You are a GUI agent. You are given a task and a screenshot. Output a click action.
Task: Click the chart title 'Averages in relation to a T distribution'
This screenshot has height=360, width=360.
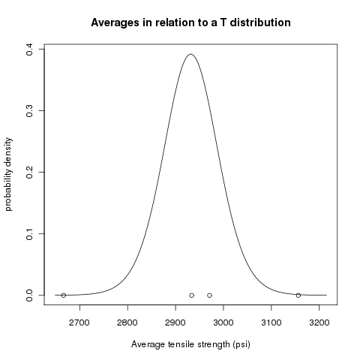pos(190,22)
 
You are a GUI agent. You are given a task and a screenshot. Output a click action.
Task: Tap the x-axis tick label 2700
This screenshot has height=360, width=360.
pos(79,322)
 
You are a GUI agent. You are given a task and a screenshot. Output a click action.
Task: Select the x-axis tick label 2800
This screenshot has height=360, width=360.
pos(127,322)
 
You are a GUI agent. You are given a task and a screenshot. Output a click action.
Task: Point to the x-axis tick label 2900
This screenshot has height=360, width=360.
pos(175,322)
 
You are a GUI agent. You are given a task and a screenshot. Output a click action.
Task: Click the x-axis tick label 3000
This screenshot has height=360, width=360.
pos(223,322)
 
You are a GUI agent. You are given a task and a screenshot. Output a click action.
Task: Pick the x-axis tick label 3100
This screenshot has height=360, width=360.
pos(271,322)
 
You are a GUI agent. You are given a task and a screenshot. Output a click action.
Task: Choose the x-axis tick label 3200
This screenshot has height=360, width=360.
pos(319,322)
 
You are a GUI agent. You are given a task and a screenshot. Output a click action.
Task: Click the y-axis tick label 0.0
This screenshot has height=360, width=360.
pos(29,295)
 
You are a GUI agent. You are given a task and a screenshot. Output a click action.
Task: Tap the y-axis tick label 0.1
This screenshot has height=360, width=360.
pos(29,234)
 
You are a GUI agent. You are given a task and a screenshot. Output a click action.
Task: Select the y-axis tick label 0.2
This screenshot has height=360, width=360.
pos(29,172)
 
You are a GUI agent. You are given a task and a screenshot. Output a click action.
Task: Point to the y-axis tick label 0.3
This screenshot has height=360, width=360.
pos(29,111)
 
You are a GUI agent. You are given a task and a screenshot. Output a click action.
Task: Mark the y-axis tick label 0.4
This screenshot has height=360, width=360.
pos(29,49)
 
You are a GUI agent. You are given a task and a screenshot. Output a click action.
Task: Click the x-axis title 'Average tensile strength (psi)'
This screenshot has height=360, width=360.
pos(190,344)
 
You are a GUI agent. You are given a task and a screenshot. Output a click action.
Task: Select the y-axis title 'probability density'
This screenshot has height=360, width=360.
pos(8,174)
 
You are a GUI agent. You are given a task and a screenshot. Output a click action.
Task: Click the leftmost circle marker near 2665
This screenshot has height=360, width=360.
pos(64,295)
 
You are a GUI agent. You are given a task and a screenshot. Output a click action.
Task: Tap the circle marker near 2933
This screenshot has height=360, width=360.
pos(192,295)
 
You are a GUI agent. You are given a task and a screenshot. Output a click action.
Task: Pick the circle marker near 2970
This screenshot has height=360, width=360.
pos(209,295)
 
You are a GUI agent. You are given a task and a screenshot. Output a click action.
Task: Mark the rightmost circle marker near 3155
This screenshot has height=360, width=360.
pos(298,295)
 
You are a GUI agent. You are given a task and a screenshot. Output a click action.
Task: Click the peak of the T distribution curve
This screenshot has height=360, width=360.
pos(190,54)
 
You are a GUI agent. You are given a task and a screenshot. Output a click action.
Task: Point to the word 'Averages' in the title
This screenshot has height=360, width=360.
pos(115,23)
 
